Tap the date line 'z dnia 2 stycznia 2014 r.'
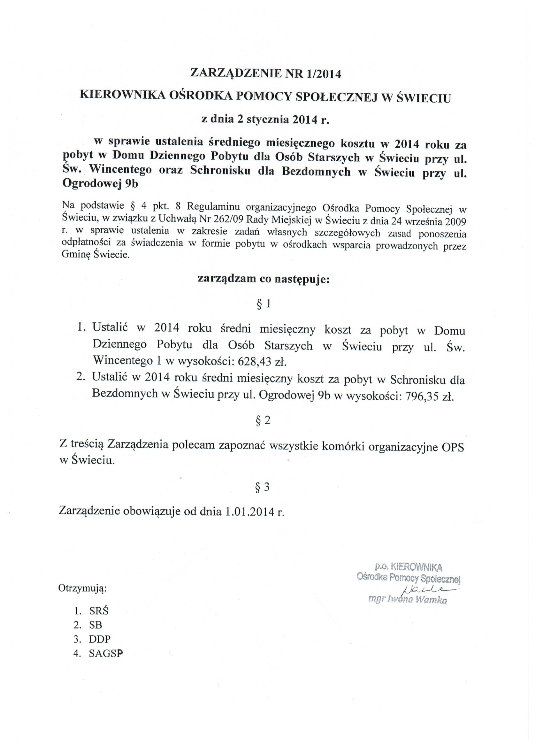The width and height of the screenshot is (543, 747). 265,119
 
